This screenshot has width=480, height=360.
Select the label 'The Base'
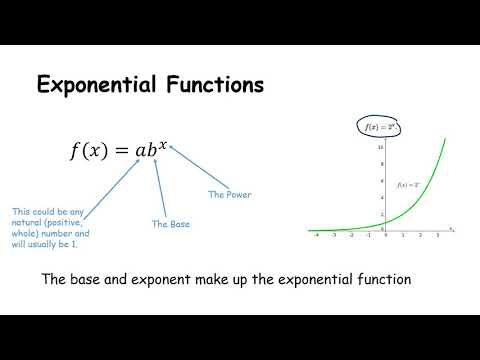click(171, 224)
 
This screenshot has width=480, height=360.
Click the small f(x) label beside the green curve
click(408, 185)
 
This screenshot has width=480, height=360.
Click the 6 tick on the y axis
click(380, 181)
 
